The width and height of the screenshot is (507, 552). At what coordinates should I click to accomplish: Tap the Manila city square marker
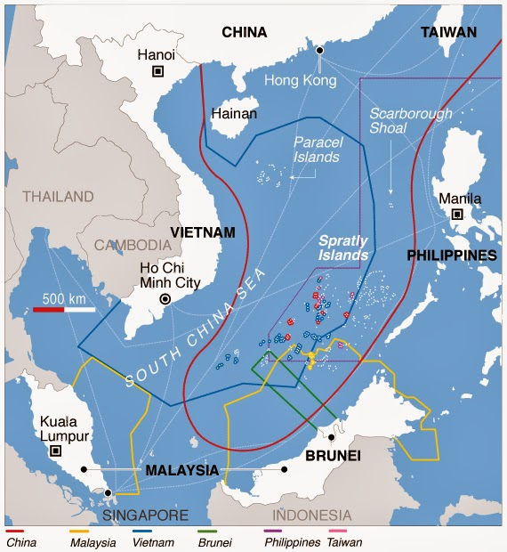click(457, 215)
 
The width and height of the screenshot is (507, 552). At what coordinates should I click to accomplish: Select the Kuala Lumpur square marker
click(56, 451)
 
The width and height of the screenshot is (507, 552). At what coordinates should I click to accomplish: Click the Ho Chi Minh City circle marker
click(164, 300)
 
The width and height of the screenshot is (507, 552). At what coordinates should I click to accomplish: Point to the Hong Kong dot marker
click(318, 51)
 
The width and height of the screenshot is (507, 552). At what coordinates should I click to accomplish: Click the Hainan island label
click(234, 114)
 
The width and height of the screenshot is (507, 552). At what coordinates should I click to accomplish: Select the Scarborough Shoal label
click(411, 121)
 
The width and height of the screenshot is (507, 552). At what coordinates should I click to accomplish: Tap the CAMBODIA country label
click(133, 245)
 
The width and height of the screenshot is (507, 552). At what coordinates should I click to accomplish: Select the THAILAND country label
click(58, 196)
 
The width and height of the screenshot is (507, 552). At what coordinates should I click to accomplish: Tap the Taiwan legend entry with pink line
click(344, 540)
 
